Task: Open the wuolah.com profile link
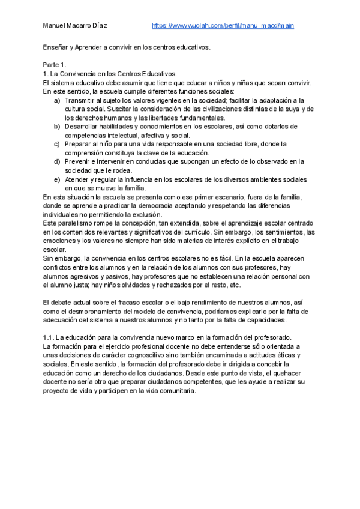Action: pos(223,26)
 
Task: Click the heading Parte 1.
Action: pos(55,64)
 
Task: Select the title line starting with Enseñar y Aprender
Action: pos(127,47)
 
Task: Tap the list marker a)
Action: pos(57,100)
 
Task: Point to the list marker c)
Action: pos(57,144)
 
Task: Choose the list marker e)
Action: pos(57,179)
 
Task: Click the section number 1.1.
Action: pos(49,337)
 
